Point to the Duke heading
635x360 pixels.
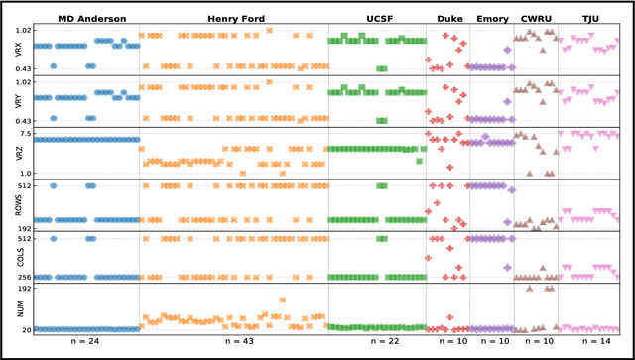448,19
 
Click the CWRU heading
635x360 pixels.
536,19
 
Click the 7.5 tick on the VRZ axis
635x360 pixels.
24,133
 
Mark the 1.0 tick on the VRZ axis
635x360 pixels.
24,173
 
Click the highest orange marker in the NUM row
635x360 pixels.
282,299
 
